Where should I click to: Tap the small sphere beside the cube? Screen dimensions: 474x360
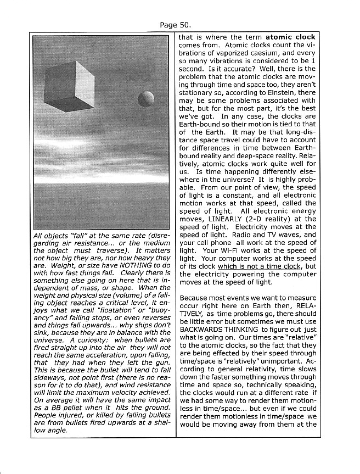click(146, 99)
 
